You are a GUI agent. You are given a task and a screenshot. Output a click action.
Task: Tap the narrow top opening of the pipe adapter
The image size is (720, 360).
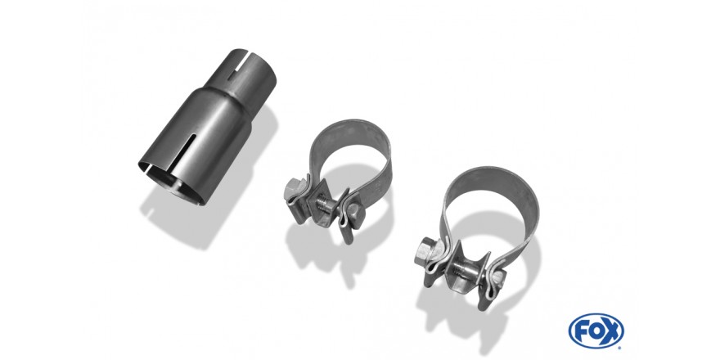pos(253,68)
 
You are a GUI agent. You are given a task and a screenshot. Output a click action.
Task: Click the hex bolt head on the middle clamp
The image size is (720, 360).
pos(292,188)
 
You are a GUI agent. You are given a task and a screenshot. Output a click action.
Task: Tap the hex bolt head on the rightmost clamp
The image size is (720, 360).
pos(425,250)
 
